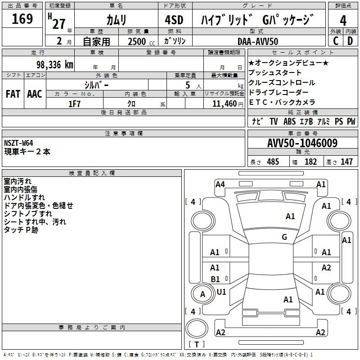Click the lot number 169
pyautogui.click(x=22, y=18)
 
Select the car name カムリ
pyautogui.click(x=116, y=20)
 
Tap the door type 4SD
pyautogui.click(x=174, y=20)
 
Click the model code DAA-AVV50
pyautogui.click(x=258, y=41)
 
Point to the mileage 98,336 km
pyautogui.click(x=55, y=65)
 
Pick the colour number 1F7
pyautogui.click(x=74, y=104)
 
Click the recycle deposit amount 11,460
pyautogui.click(x=225, y=104)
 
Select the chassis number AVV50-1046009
pyautogui.click(x=302, y=143)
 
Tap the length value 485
pyautogui.click(x=273, y=162)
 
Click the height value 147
pyautogui.click(x=346, y=162)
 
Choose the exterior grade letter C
pyautogui.click(x=336, y=41)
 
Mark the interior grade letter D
pyautogui.click(x=350, y=41)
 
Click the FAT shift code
pyautogui.click(x=13, y=94)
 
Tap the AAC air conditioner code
pyautogui.click(x=35, y=94)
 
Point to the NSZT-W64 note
pyautogui.click(x=18, y=143)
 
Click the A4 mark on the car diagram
pyautogui.click(x=220, y=184)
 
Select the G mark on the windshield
pyautogui.click(x=284, y=237)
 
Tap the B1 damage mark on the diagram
pyautogui.click(x=215, y=279)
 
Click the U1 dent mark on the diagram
pyautogui.click(x=221, y=292)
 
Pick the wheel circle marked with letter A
pyautogui.click(x=202, y=294)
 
